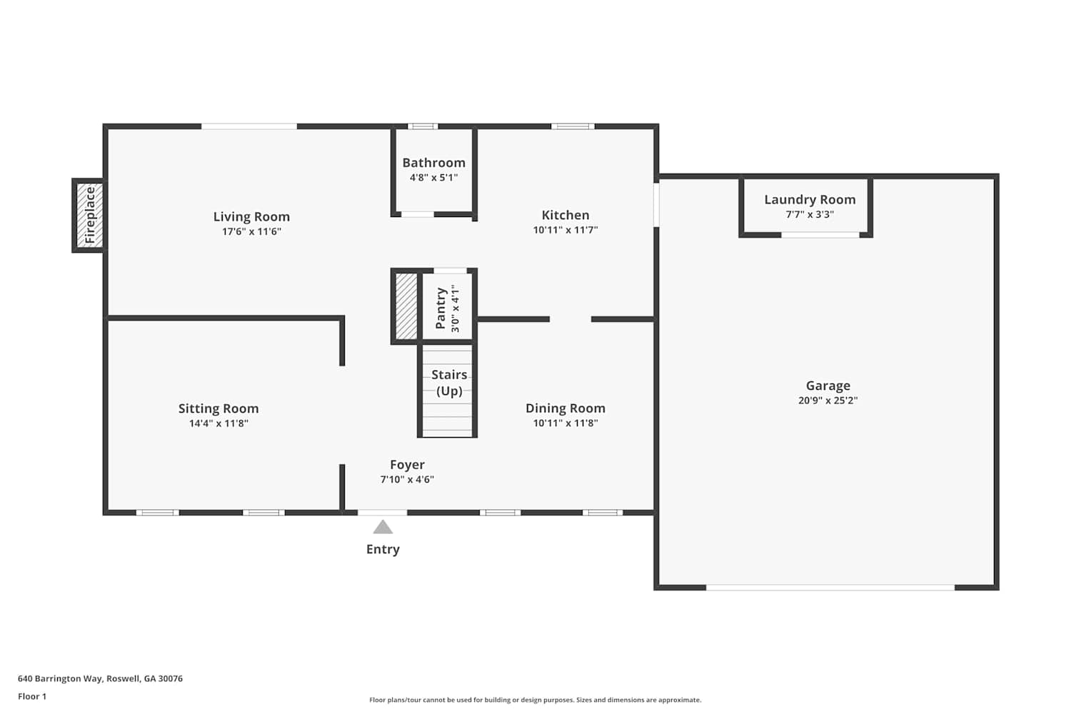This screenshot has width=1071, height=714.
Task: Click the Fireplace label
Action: point(91,215)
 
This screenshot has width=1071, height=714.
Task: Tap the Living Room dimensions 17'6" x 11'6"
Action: point(251,232)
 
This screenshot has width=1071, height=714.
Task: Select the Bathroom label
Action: point(433,163)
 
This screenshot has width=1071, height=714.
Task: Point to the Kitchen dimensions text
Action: point(565,230)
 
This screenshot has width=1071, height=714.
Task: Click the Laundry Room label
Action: point(810,200)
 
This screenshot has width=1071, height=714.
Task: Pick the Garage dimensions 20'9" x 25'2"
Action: point(828,401)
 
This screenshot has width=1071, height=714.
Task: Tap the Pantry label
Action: point(441,308)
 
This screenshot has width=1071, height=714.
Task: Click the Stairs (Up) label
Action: point(449,383)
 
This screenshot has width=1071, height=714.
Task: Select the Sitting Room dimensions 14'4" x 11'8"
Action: point(218,423)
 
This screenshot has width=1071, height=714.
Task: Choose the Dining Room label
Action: point(565,408)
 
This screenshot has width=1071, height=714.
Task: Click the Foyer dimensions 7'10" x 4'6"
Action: point(407,479)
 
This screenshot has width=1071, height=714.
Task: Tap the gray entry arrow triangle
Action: point(383,527)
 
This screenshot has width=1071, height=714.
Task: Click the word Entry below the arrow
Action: point(383,549)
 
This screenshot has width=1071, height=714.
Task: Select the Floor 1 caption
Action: point(32,696)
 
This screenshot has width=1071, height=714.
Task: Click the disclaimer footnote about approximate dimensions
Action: point(535,700)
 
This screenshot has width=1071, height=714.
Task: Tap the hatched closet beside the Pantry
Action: point(406,306)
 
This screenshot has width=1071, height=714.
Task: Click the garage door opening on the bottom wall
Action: point(830,588)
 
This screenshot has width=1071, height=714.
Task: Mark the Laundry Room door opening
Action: point(820,235)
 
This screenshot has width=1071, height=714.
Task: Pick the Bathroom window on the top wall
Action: point(423,126)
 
